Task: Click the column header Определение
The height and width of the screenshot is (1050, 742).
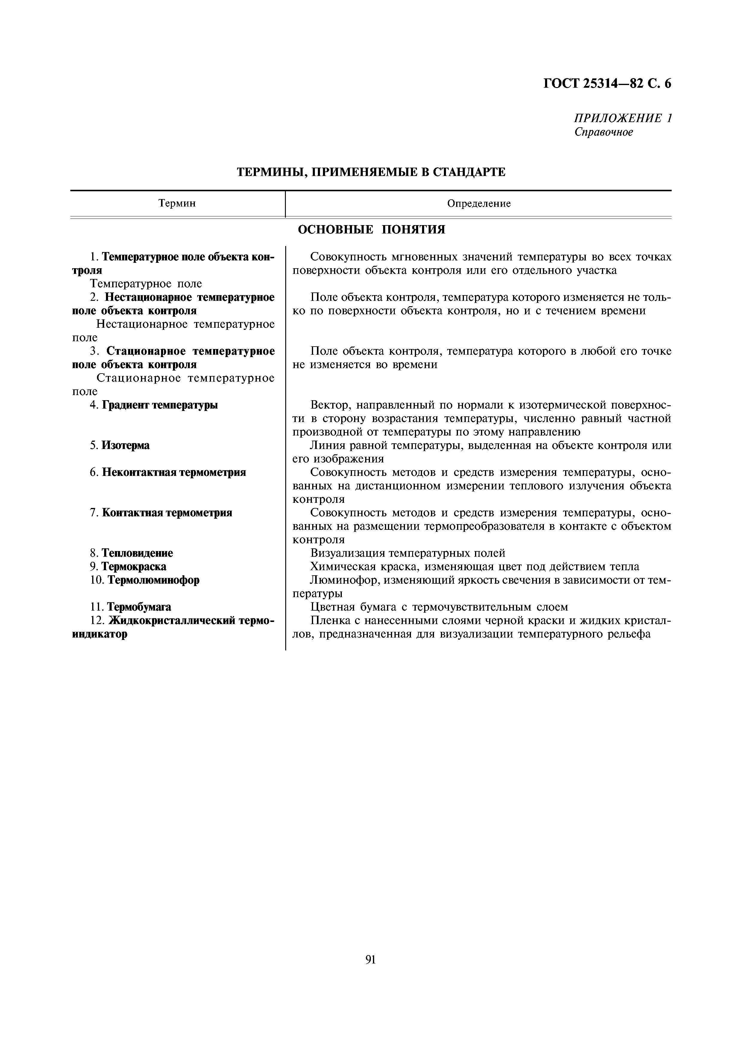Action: tap(479, 204)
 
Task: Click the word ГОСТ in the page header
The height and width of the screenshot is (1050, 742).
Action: tap(563, 84)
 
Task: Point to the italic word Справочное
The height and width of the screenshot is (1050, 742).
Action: tap(603, 132)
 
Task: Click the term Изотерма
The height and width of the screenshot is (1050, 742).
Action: tap(125, 445)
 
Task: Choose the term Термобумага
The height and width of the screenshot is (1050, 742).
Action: tap(139, 607)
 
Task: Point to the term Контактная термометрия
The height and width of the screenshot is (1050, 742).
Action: tap(167, 513)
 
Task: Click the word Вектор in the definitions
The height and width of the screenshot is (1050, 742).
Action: tap(329, 405)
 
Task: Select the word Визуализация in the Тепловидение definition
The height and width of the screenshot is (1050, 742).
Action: tap(347, 553)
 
